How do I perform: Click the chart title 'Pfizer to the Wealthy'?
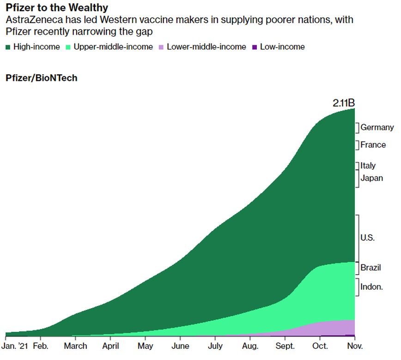[x=57, y=8]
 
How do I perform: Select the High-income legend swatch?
[x=8, y=47]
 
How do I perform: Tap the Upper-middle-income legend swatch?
[x=68, y=47]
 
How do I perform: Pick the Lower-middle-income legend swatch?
[x=161, y=47]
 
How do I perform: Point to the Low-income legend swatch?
[x=255, y=47]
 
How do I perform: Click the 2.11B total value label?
[x=343, y=103]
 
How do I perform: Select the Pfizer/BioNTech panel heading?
[x=42, y=78]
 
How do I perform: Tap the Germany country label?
[x=377, y=128]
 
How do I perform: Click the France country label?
[x=373, y=145]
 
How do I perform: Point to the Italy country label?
[x=368, y=165]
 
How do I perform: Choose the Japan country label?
[x=371, y=178]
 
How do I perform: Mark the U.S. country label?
[x=368, y=238]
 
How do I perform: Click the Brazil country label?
[x=371, y=268]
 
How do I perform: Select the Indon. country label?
[x=371, y=287]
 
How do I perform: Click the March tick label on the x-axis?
[x=76, y=346]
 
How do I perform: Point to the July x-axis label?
[x=215, y=346]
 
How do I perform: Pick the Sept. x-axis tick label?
[x=285, y=346]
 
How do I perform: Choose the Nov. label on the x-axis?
[x=355, y=346]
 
